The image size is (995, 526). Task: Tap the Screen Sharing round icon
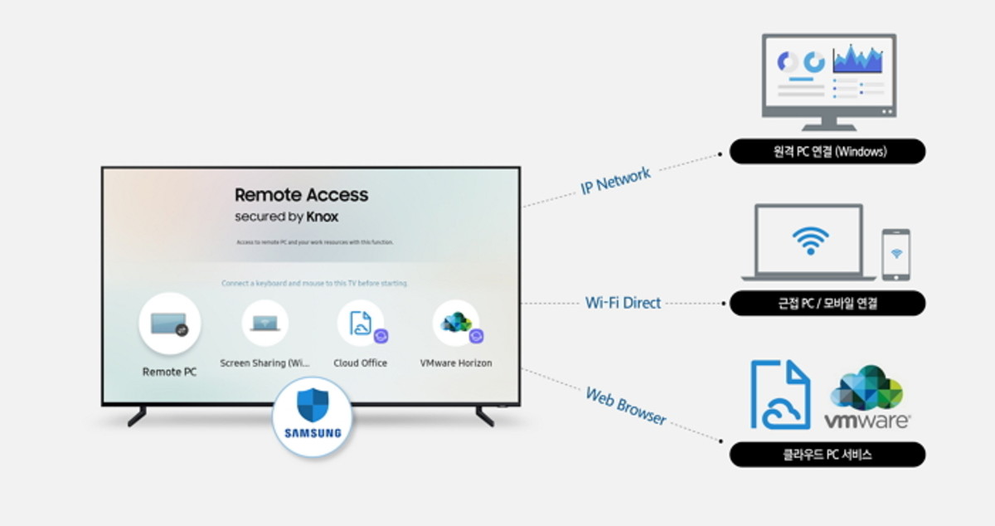click(265, 324)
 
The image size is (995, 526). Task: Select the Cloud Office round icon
click(361, 324)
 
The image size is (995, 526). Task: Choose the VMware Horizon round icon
click(456, 324)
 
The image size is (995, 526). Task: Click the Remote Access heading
click(301, 195)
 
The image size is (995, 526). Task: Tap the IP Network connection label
click(615, 179)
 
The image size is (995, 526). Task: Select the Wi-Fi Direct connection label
click(623, 303)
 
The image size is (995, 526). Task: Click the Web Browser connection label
click(626, 406)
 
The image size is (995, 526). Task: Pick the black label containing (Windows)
click(827, 151)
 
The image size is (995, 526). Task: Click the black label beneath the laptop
click(827, 304)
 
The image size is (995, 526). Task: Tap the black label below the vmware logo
click(827, 455)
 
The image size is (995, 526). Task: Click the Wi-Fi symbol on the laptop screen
click(810, 241)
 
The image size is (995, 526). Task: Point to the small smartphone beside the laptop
click(895, 255)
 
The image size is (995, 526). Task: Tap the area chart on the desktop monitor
click(858, 59)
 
